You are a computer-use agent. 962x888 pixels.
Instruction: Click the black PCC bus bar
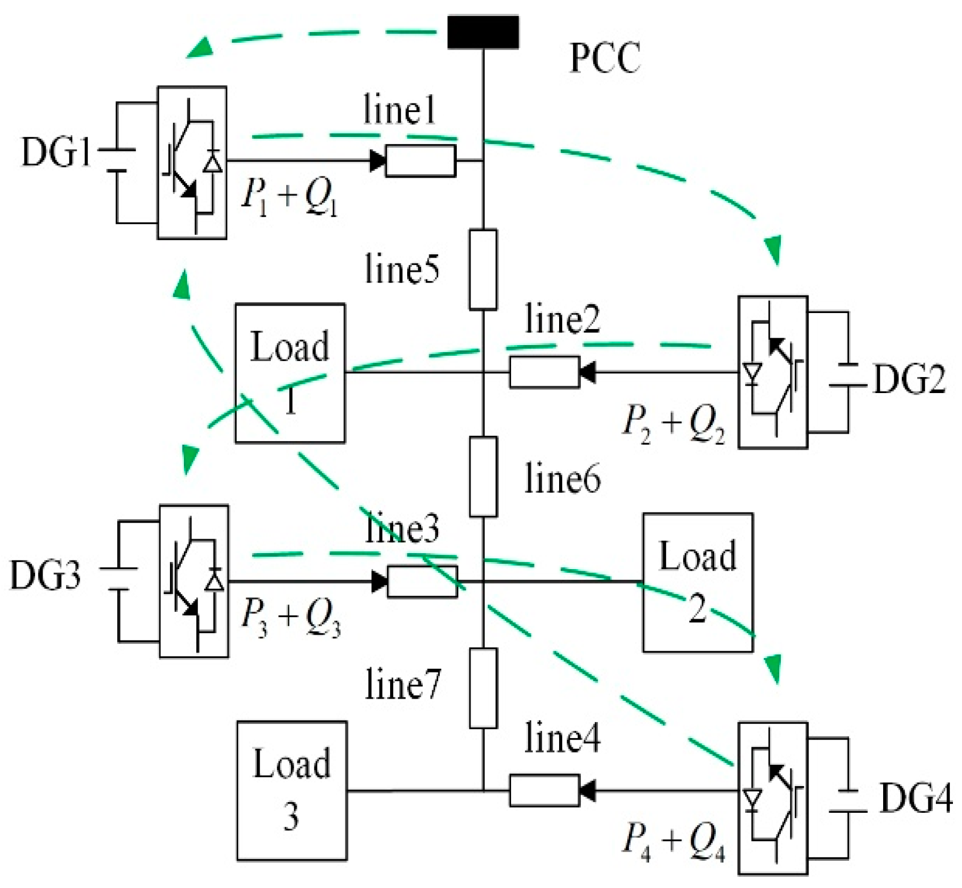[x=483, y=32]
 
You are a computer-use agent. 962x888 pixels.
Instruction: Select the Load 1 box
[x=290, y=373]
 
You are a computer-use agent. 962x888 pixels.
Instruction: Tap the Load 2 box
[x=698, y=582]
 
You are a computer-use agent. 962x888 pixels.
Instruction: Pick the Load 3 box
[x=292, y=791]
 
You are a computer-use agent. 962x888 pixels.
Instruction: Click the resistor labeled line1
[x=421, y=161]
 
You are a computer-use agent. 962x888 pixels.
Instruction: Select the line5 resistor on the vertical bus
[x=483, y=269]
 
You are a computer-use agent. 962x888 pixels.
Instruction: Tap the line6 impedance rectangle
[x=483, y=477]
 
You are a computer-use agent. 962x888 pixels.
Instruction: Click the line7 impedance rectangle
[x=483, y=688]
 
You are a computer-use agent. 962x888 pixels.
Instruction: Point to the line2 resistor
[x=544, y=372]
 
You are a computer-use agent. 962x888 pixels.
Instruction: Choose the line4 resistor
[x=544, y=790]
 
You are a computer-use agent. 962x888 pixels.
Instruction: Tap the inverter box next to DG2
[x=772, y=372]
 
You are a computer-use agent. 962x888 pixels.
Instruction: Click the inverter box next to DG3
[x=194, y=581]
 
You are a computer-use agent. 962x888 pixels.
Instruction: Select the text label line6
[x=562, y=479]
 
